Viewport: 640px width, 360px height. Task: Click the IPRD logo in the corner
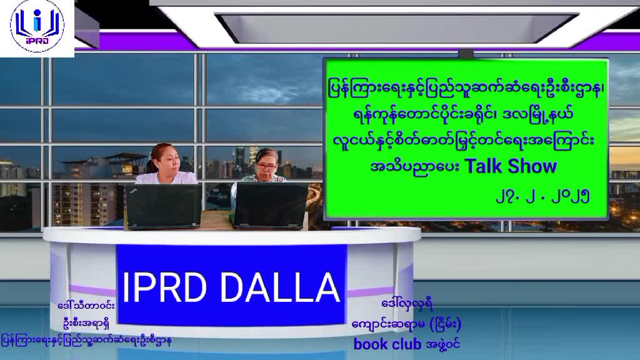pos(37,26)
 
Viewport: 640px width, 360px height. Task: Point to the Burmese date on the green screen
pos(542,197)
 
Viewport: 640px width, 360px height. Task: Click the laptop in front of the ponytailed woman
pos(164,206)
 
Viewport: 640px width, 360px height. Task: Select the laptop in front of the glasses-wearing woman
pos(270,205)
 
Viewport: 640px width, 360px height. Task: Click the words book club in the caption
pos(387,344)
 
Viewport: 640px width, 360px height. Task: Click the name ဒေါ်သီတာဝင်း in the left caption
pos(86,305)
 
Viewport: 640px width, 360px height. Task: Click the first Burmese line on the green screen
pos(466,89)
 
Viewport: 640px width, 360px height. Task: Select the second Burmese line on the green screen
pos(463,115)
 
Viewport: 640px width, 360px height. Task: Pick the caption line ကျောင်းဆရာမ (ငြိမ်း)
pos(406,324)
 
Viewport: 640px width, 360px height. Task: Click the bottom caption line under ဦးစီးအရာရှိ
pos(86,341)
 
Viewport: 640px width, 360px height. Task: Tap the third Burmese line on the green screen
pos(463,141)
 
